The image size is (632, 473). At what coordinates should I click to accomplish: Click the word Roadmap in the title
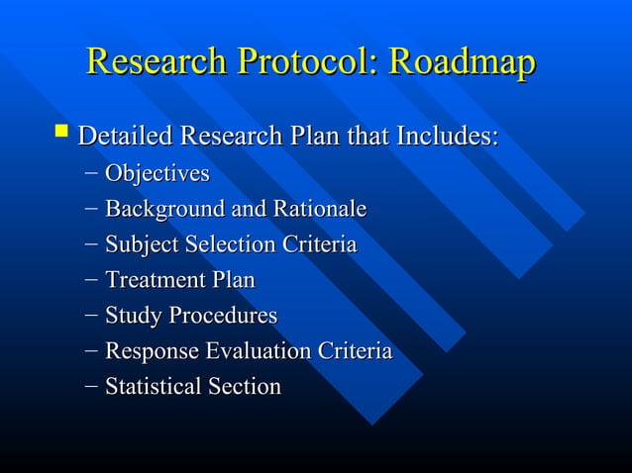click(462, 61)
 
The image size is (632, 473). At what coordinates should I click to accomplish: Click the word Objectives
click(158, 174)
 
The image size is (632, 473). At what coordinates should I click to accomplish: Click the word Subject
click(140, 245)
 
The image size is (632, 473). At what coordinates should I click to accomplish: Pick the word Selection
click(226, 245)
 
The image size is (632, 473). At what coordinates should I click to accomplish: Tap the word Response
click(150, 351)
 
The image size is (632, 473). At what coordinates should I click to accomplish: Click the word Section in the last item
click(243, 386)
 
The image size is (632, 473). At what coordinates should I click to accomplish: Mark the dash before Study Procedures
click(91, 316)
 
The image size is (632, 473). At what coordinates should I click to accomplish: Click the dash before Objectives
click(91, 174)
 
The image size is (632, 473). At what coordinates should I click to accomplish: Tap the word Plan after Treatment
click(233, 280)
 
